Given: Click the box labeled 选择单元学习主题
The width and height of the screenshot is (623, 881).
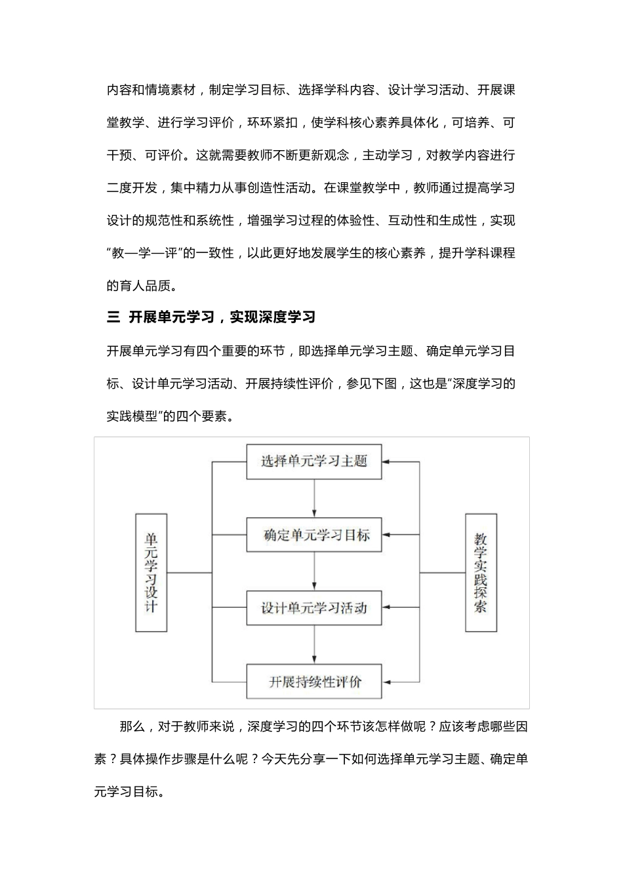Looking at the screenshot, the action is (313, 461).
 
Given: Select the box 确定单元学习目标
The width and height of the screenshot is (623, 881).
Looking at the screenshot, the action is (313, 535).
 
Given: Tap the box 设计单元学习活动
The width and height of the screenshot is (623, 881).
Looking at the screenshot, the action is (313, 608).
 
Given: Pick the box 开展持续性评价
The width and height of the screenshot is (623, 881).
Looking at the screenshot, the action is (313, 682).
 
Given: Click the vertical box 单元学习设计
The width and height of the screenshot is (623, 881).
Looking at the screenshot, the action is (151, 572).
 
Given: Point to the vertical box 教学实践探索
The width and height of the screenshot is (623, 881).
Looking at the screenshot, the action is (481, 572).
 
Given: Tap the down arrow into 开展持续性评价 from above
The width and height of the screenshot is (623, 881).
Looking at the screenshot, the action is (314, 645).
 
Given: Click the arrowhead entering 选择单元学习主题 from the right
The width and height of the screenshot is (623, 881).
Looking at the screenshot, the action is (386, 462).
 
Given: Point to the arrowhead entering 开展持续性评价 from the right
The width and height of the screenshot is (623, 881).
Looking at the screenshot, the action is (386, 682).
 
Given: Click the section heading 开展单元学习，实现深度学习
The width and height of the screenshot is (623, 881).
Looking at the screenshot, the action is (222, 317).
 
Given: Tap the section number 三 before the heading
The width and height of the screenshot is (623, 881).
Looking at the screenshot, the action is (113, 317).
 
